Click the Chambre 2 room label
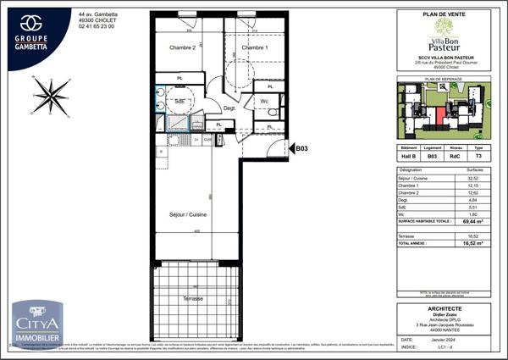coord(181,48)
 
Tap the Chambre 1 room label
coord(254,48)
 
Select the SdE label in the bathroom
coord(179,101)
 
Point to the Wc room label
coord(265,102)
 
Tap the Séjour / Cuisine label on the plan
coord(188,215)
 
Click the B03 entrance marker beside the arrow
coord(301,148)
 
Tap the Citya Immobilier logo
coord(36,324)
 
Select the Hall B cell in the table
coord(408,156)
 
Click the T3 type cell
coord(479,156)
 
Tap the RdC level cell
coord(456,156)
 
